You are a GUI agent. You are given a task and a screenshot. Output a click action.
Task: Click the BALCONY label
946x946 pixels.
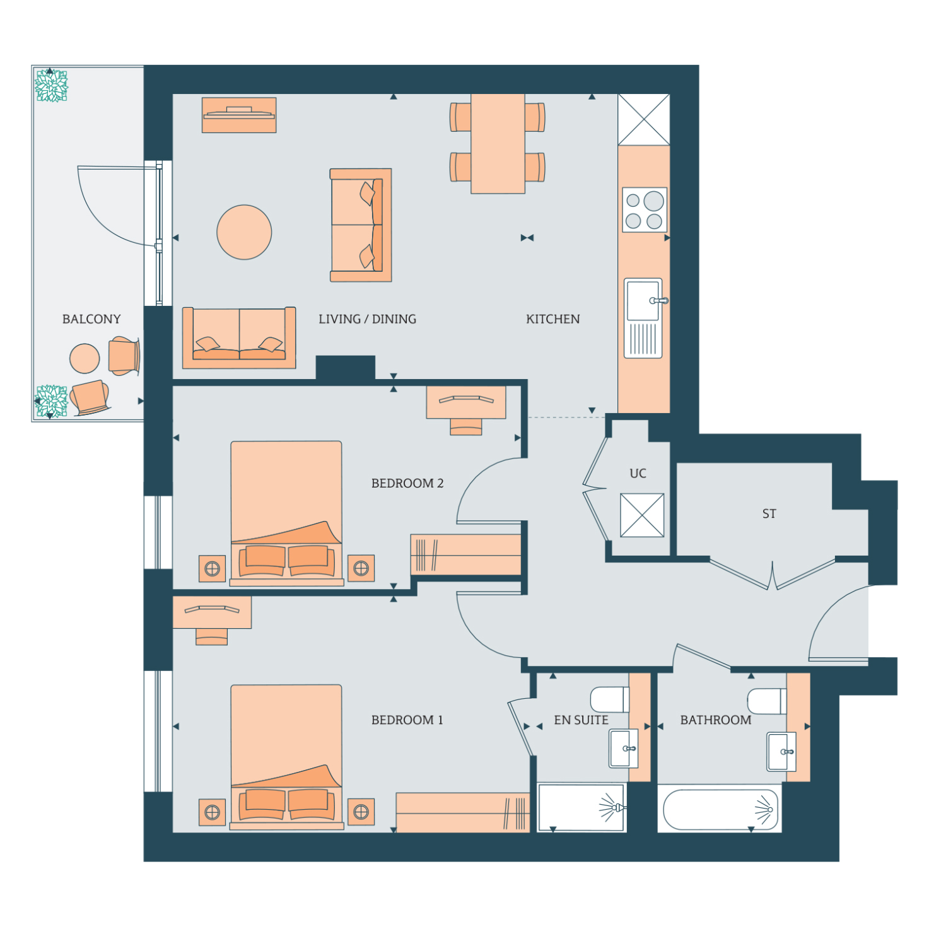coord(91,319)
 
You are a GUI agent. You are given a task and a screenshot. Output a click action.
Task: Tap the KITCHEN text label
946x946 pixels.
coord(553,319)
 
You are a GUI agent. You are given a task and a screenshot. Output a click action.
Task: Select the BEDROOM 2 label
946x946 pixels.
coord(407,483)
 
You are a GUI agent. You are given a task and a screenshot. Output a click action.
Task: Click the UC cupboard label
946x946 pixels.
coord(638,473)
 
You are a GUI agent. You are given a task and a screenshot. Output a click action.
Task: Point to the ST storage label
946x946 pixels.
coord(769,513)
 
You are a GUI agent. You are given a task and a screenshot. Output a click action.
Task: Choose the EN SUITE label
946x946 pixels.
coord(581,720)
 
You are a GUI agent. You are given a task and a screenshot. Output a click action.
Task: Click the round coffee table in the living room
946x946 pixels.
coord(244,232)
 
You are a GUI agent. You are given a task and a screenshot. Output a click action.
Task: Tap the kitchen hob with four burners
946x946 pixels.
coord(645,210)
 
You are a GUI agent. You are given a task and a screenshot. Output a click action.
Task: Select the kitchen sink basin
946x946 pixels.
coord(643,300)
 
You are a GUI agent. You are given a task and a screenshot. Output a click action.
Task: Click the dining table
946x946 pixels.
coord(498,144)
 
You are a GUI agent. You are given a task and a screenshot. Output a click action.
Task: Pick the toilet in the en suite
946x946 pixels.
coord(610,699)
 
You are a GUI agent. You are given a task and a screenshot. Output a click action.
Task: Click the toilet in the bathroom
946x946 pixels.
coord(768,701)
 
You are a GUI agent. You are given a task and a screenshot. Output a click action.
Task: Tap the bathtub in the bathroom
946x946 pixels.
coord(719,809)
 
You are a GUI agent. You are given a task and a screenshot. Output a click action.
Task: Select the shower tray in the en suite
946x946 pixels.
coord(581,807)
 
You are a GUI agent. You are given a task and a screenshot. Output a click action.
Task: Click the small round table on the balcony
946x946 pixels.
coord(85,358)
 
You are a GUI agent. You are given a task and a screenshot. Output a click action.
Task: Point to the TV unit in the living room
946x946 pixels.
coord(239,115)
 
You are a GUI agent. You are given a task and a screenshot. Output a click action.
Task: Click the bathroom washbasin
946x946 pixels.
coord(782,752)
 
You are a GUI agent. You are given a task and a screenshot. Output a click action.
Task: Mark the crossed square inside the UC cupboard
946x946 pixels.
coord(642,515)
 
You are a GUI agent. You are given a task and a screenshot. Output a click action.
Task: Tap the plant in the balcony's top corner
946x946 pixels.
coord(51,86)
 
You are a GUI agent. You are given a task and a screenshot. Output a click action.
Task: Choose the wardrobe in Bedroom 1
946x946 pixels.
coord(462,812)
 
